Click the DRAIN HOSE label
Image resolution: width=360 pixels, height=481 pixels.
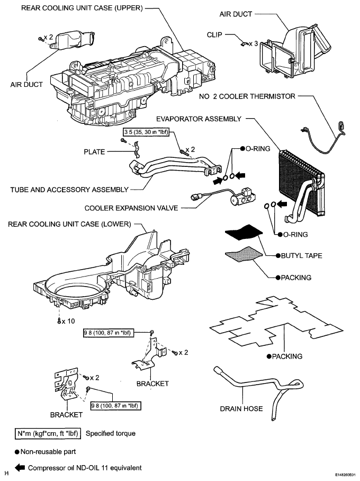[x=241, y=408]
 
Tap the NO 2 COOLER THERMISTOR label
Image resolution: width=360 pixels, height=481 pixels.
[x=247, y=96]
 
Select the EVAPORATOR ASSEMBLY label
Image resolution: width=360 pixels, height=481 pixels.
[x=199, y=119]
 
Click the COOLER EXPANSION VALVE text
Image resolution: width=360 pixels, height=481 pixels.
[x=131, y=208]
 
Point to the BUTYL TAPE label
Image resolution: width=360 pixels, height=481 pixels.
[x=301, y=255]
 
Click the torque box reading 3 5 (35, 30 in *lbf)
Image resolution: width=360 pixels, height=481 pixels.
[x=146, y=132]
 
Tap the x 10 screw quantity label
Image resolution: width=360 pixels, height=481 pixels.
[x=68, y=321]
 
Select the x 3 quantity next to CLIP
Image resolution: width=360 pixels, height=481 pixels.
[x=253, y=44]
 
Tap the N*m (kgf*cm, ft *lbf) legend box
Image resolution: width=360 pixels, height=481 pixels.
[x=48, y=433]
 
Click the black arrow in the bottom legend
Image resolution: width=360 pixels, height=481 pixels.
[x=20, y=468]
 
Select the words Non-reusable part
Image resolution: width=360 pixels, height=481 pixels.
[x=48, y=451]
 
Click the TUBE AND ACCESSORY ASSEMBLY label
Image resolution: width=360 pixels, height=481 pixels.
[x=69, y=190]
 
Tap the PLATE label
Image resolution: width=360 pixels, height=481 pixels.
[x=94, y=152]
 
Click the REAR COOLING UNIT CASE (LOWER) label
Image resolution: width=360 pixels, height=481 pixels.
[x=69, y=224]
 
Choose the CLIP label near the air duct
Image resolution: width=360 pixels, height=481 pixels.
[x=214, y=34]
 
